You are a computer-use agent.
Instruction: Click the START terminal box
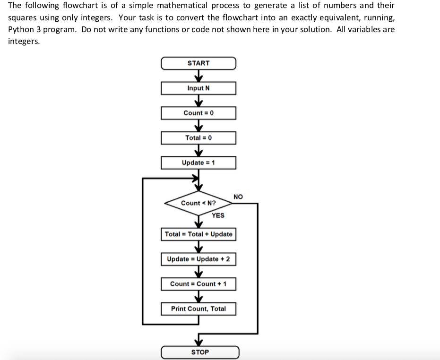pyautogui.click(x=198, y=63)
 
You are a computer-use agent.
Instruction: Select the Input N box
pyautogui.click(x=198, y=88)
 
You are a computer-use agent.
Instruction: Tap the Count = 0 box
pyautogui.click(x=198, y=113)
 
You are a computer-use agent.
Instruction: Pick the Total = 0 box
pyautogui.click(x=198, y=138)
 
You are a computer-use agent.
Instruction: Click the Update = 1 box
pyautogui.click(x=198, y=163)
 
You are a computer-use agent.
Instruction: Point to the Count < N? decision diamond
pyautogui.click(x=198, y=203)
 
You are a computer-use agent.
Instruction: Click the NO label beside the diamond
pyautogui.click(x=238, y=196)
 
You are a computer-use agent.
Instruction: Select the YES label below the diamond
pyautogui.click(x=218, y=215)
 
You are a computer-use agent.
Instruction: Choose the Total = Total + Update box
pyautogui.click(x=198, y=234)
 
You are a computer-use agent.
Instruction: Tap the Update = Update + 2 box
pyautogui.click(x=198, y=259)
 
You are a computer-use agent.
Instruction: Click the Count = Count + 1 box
pyautogui.click(x=198, y=284)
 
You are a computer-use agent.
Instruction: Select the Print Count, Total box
pyautogui.click(x=198, y=309)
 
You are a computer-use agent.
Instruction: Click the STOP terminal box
pyautogui.click(x=200, y=352)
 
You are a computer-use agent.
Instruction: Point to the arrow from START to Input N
pyautogui.click(x=198, y=76)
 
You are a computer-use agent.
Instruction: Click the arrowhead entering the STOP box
pyautogui.click(x=198, y=342)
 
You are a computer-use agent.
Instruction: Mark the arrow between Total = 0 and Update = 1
pyautogui.click(x=198, y=151)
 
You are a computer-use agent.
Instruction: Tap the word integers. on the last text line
pyautogui.click(x=24, y=41)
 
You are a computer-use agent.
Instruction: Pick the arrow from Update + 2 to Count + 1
pyautogui.click(x=198, y=272)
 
